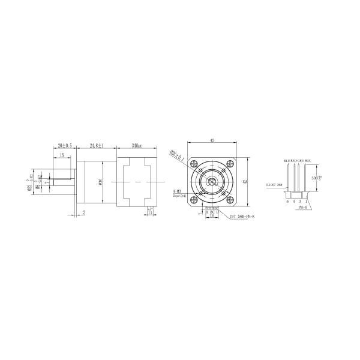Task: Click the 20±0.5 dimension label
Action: [64, 145]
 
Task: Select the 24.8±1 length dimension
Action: [97, 145]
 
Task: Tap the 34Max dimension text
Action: [135, 145]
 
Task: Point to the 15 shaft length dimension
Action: [62, 155]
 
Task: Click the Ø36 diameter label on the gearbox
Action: [100, 181]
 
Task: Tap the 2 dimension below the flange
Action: [84, 212]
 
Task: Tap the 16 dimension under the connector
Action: [212, 215]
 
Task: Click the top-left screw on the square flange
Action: [195, 164]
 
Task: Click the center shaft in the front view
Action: [212, 181]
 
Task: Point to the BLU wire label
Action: [287, 161]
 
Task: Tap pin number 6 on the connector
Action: [287, 202]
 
